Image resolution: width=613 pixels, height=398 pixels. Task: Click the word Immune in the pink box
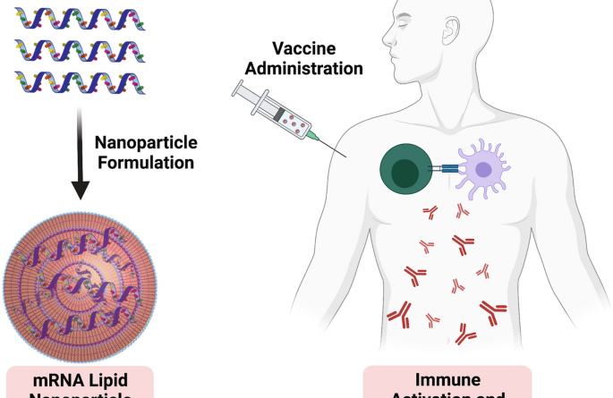(x=447, y=381)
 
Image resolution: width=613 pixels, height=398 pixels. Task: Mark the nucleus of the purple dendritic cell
(x=484, y=168)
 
